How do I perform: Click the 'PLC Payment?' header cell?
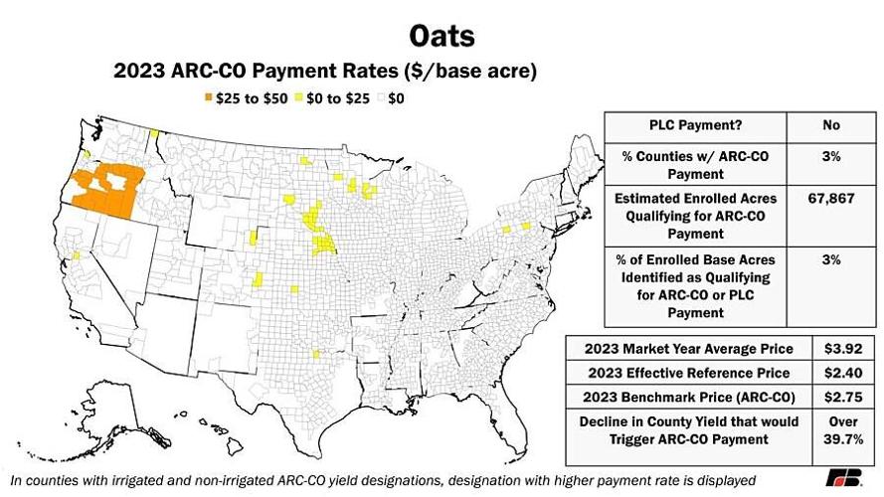point(695,125)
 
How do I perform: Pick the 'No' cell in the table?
point(831,125)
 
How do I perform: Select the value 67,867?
point(831,198)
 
